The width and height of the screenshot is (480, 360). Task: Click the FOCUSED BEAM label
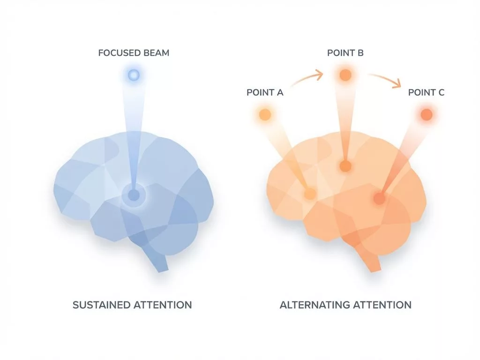(x=134, y=52)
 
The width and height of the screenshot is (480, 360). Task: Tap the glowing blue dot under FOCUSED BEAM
(x=134, y=75)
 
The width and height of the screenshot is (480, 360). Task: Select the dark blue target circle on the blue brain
(x=134, y=195)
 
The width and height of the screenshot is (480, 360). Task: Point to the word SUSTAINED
(x=101, y=305)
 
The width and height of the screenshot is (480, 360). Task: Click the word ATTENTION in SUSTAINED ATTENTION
(x=163, y=305)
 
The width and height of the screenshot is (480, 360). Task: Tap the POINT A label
(x=265, y=92)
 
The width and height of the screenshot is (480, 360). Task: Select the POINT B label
(x=345, y=52)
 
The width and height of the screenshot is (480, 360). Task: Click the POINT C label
(x=426, y=92)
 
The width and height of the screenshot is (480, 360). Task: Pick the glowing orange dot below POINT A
(x=265, y=114)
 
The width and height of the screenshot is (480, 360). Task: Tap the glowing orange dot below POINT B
(x=345, y=75)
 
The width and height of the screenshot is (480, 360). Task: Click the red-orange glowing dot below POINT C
(x=426, y=114)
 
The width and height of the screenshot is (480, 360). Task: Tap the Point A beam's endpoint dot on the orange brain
(x=309, y=193)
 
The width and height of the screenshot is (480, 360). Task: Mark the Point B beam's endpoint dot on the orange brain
(x=345, y=165)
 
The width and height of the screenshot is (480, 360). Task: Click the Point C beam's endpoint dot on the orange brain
(x=379, y=199)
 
